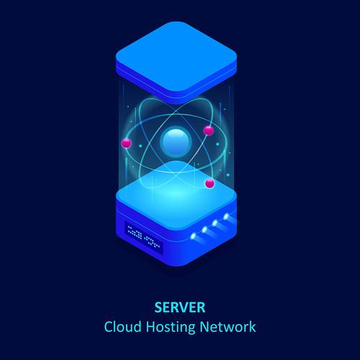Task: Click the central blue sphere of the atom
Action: pos(176,141)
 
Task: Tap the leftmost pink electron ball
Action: pos(126,143)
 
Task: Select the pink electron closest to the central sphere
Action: pos(209,130)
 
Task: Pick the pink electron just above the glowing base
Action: pos(210,184)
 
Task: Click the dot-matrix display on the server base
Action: pos(143,236)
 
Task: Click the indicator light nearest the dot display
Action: pos(193,236)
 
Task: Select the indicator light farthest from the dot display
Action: pos(226,217)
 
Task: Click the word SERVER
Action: pos(180,307)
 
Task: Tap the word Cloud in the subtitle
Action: pos(122,327)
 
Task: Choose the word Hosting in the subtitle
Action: pos(171,328)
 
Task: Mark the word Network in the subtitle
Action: pos(228,327)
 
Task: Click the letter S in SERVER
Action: pos(158,307)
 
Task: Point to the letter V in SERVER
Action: pos(185,307)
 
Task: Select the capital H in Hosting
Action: pos(150,327)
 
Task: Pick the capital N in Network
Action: pos(204,327)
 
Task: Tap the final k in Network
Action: pos(252,327)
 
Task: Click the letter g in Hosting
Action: pos(191,330)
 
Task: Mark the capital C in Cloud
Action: pos(109,327)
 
